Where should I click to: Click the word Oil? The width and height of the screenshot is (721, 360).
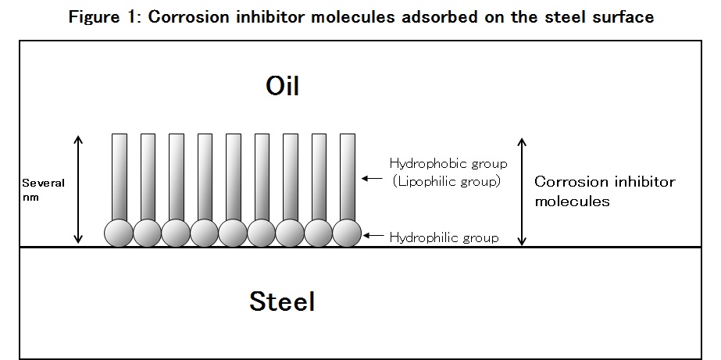tap(282, 86)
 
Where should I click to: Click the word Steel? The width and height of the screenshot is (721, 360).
tap(282, 301)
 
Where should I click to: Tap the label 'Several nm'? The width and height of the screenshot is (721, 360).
tap(43, 190)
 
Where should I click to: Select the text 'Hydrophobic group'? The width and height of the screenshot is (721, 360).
tap(448, 164)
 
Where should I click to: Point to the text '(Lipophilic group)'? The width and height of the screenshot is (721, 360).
tap(446, 181)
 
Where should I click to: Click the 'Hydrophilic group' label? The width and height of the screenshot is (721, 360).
tap(444, 237)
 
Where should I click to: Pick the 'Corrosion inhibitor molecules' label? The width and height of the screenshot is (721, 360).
tap(604, 191)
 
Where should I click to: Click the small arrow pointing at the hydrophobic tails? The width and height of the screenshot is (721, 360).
tap(372, 178)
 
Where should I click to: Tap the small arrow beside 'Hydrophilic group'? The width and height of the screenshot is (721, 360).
tap(373, 235)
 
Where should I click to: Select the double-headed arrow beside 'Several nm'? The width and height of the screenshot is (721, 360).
tap(78, 189)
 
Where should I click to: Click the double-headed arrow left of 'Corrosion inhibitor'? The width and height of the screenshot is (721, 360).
tap(522, 191)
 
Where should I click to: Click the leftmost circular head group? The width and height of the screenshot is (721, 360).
tap(119, 233)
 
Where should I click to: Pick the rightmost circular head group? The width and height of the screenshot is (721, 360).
tap(347, 233)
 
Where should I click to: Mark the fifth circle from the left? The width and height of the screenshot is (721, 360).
tap(233, 233)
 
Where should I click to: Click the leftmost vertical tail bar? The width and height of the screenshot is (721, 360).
tap(120, 177)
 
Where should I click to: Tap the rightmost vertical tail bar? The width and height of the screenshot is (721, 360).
tap(348, 177)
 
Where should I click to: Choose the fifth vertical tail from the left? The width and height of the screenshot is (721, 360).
tap(234, 177)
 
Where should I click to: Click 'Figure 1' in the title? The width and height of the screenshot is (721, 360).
tap(105, 17)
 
